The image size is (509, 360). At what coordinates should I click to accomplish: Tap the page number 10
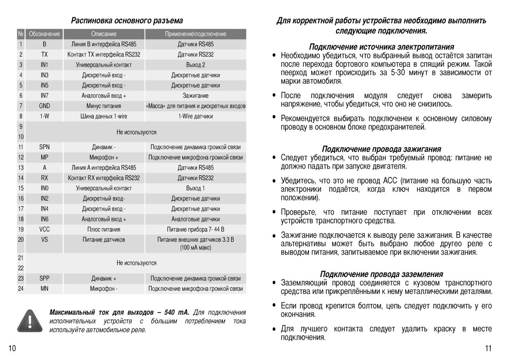(x=13, y=349)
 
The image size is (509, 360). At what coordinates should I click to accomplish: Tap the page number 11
(x=488, y=349)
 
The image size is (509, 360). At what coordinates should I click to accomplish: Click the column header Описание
(x=104, y=34)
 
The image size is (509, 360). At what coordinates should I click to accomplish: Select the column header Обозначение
(x=44, y=34)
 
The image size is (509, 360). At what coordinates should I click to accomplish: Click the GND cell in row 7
(x=44, y=106)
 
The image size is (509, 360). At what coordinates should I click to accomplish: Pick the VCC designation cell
(x=44, y=229)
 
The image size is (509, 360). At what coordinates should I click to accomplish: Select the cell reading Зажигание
(x=195, y=96)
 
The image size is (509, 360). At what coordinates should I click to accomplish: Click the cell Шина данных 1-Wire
(x=104, y=116)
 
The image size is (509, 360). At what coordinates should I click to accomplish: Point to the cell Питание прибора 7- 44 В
(x=195, y=229)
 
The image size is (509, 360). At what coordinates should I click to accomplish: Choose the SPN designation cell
(x=44, y=147)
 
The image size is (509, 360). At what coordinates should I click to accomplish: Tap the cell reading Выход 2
(x=195, y=65)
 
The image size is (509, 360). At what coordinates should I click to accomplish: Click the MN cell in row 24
(x=44, y=289)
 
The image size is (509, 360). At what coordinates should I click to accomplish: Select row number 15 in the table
(x=21, y=188)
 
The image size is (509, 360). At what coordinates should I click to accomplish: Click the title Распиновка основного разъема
(x=127, y=21)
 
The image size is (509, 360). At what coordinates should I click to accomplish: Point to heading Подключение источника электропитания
(x=381, y=47)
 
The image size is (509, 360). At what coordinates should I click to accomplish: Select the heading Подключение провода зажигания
(x=381, y=149)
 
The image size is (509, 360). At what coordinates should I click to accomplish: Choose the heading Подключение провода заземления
(x=381, y=274)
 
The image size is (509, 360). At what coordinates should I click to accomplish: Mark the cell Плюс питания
(x=104, y=229)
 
